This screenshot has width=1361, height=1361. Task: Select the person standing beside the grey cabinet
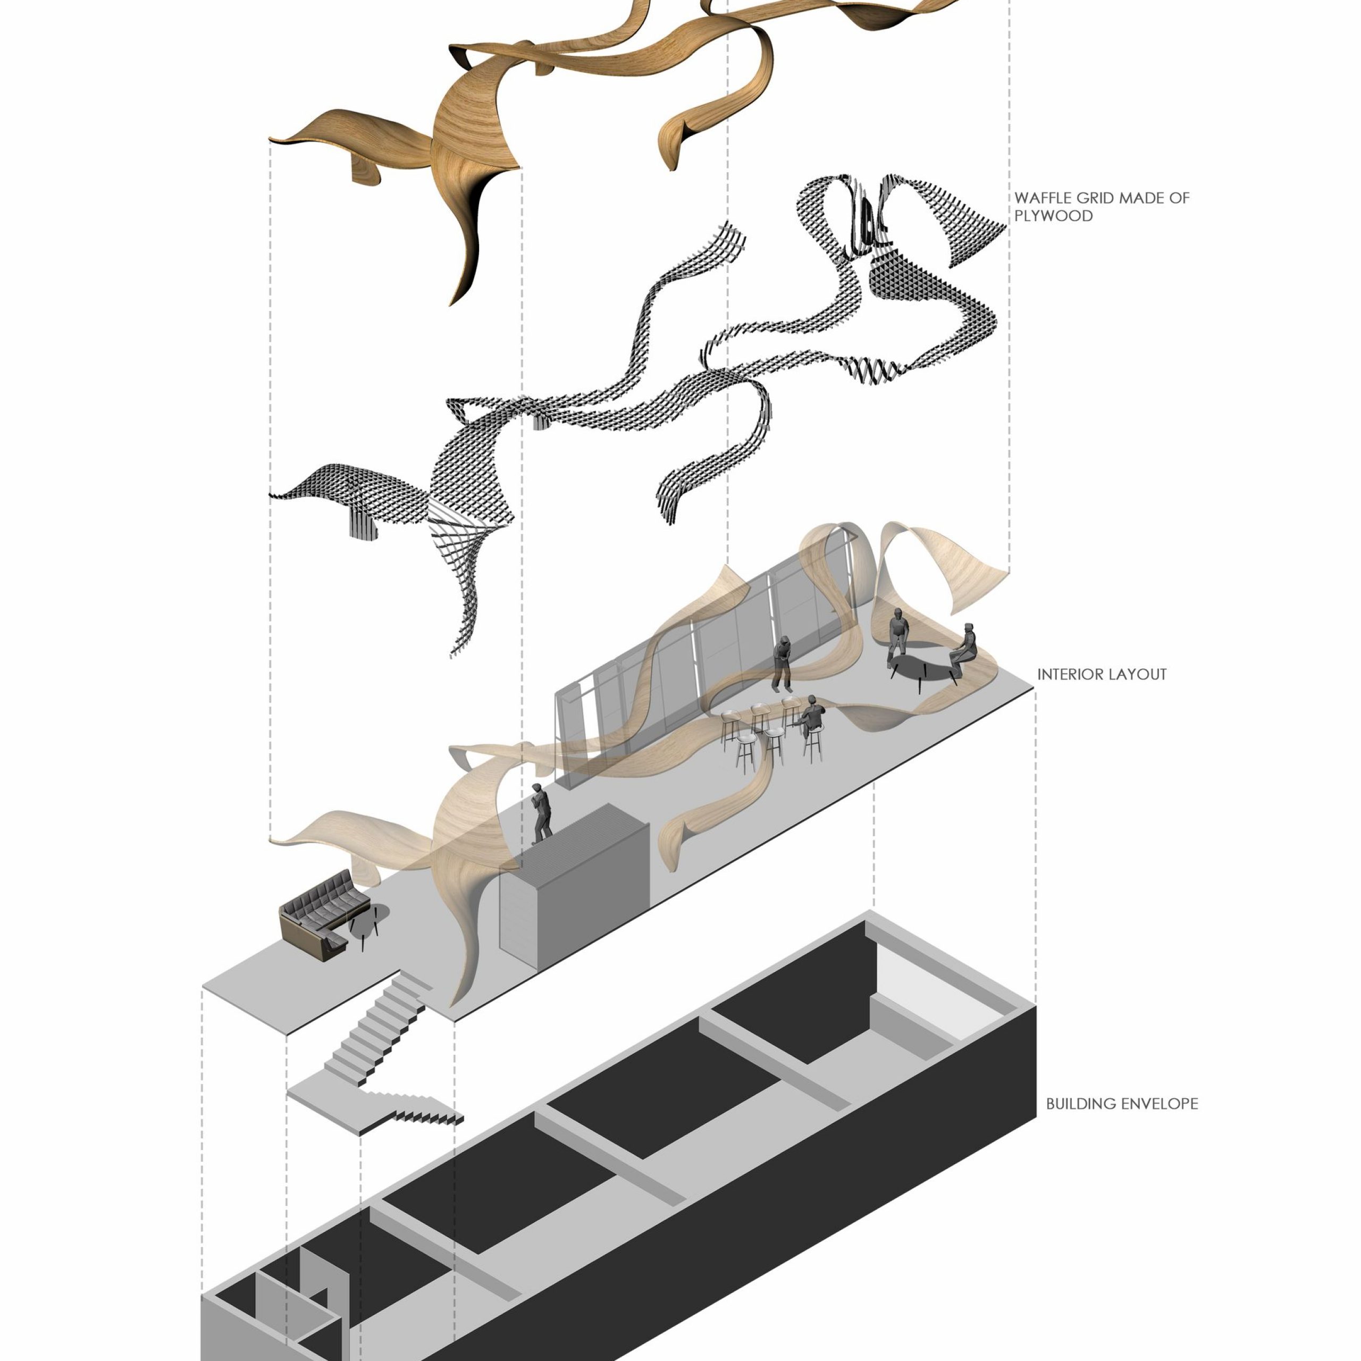[x=542, y=813]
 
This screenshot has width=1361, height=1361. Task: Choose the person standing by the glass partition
[x=782, y=663]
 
